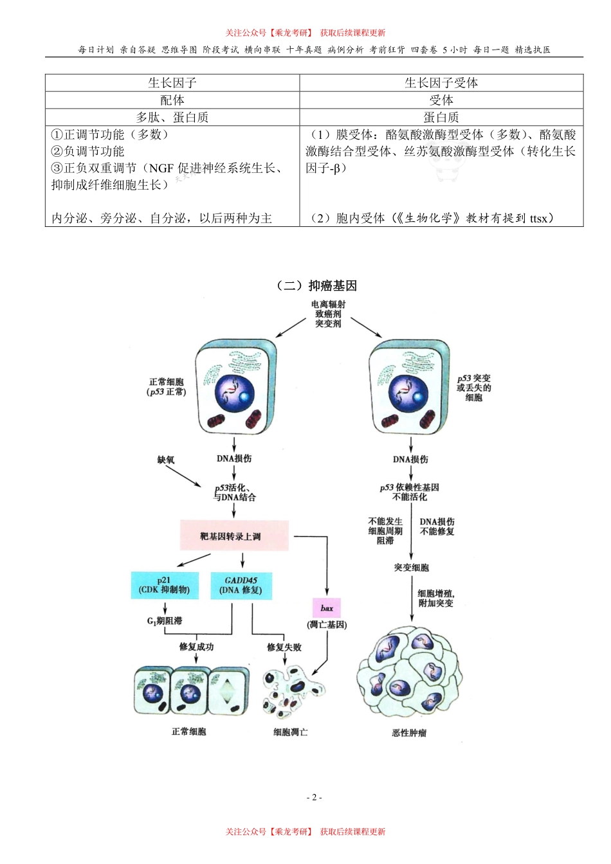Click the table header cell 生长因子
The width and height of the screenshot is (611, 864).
tap(172, 83)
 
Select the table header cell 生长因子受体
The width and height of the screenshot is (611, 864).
tap(441, 83)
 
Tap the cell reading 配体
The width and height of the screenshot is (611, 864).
tap(172, 100)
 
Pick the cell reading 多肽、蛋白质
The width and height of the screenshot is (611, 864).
tap(172, 117)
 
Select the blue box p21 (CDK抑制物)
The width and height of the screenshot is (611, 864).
tap(165, 585)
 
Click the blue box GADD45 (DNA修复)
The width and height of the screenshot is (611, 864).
tap(241, 585)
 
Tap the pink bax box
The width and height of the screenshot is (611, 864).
tap(327, 607)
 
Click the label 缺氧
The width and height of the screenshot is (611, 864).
tap(166, 460)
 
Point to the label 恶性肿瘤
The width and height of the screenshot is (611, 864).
tap(410, 732)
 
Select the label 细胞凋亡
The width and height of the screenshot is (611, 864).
tap(291, 732)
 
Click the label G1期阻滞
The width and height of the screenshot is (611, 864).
tap(165, 621)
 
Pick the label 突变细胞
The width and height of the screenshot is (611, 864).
tap(412, 568)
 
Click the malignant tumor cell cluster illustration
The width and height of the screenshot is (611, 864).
tap(410, 675)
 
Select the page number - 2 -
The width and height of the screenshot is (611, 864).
tap(314, 797)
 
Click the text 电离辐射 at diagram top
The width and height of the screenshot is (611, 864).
tap(328, 304)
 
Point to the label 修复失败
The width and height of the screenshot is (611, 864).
tap(284, 647)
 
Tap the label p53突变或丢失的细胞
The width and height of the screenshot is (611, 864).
tap(474, 388)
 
